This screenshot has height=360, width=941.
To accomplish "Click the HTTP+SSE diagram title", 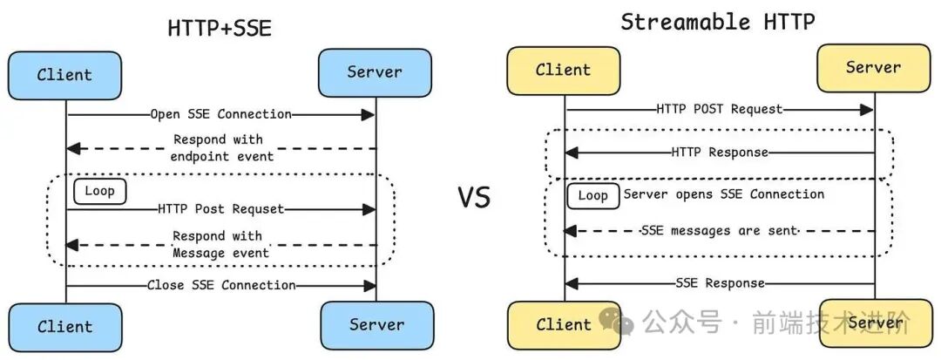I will pos(220,28).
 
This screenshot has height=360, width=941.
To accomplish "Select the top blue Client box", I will pos(64,75).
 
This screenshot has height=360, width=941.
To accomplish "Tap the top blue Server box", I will pos(375,72).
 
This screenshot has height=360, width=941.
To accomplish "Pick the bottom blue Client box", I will pos(64,327).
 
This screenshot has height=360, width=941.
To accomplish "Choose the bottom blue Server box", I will pos(376,325).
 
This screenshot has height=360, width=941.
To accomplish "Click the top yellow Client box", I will pos(563,71).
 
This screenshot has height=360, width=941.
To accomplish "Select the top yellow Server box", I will pos(873,67).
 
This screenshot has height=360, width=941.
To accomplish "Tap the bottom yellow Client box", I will pos(563,325).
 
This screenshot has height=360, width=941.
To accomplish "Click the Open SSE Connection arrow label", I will pos(220,114).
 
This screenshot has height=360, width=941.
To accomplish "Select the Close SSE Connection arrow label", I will pos(221,285).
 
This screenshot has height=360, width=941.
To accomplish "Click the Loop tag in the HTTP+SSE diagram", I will pos(100,190).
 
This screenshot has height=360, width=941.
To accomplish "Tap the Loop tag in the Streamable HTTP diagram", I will pos(592,195).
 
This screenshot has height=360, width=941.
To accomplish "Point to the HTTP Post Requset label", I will pos(221,209).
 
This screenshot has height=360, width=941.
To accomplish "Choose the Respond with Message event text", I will pos(220,244).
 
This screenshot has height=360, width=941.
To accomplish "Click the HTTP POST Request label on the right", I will pos(719,109).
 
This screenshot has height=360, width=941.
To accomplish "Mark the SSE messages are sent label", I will pos(719,231).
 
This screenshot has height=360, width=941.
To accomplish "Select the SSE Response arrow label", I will pos(720,283).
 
